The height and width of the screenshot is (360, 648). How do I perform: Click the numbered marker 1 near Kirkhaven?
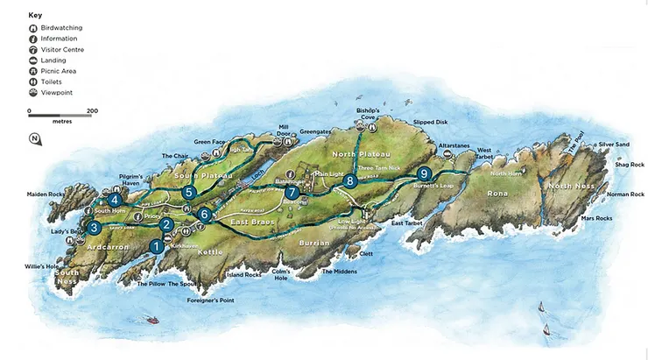click(x=157, y=247)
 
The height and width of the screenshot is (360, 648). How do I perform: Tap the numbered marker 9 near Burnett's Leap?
click(x=425, y=173)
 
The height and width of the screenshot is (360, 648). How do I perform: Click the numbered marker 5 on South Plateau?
click(x=188, y=193)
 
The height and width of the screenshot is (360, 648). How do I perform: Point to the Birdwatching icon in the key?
click(x=32, y=28)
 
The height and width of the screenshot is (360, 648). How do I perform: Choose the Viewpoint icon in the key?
click(x=32, y=92)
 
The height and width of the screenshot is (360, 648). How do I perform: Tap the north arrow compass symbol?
click(x=33, y=138)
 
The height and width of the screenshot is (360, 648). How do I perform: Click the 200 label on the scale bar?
click(x=92, y=111)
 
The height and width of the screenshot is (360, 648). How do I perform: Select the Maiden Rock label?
click(x=45, y=194)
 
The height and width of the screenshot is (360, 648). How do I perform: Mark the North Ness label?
click(x=571, y=186)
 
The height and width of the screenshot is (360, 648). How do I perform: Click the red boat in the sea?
click(x=153, y=320)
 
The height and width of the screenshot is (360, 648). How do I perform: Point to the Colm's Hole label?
click(x=280, y=274)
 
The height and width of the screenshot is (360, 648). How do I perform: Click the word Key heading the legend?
click(x=35, y=15)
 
